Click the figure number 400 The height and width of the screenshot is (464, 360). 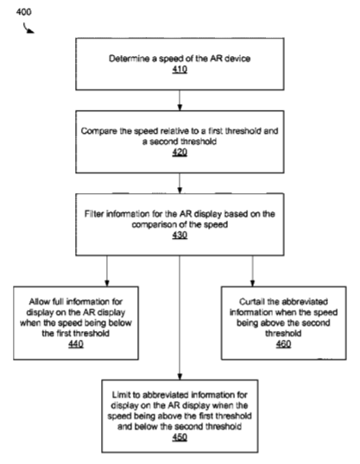pos(23,12)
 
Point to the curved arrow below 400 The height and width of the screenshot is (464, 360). pos(28,28)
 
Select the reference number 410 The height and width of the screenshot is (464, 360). pos(180,70)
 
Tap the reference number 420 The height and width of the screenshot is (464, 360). pos(180,153)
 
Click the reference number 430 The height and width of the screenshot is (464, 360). pos(180,235)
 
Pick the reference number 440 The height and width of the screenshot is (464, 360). pos(76,344)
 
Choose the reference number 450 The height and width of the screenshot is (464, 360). pos(180,437)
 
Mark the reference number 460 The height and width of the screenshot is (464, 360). pos(283,344)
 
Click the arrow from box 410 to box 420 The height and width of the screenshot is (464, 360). pos(180,100)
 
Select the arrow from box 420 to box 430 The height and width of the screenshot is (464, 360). pos(180,183)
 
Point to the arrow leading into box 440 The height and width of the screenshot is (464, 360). pos(107,271)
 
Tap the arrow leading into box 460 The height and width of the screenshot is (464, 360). pos(252,271)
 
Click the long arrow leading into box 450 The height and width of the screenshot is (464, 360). pos(180,317)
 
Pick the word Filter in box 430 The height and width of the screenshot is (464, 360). pos(93,214)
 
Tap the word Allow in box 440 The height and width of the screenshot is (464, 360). pos(40,302)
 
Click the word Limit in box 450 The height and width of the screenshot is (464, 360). pos(121,395)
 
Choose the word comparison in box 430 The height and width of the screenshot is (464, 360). pos(154,224)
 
